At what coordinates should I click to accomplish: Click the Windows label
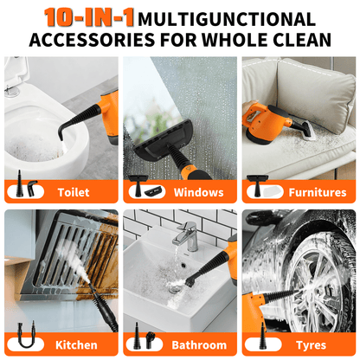coord(198,192)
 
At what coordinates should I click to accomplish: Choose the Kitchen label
coord(76,344)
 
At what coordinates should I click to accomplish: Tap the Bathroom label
coord(198,344)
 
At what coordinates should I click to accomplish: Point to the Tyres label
coord(312,344)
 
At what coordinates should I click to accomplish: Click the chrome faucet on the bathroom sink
coord(184,235)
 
